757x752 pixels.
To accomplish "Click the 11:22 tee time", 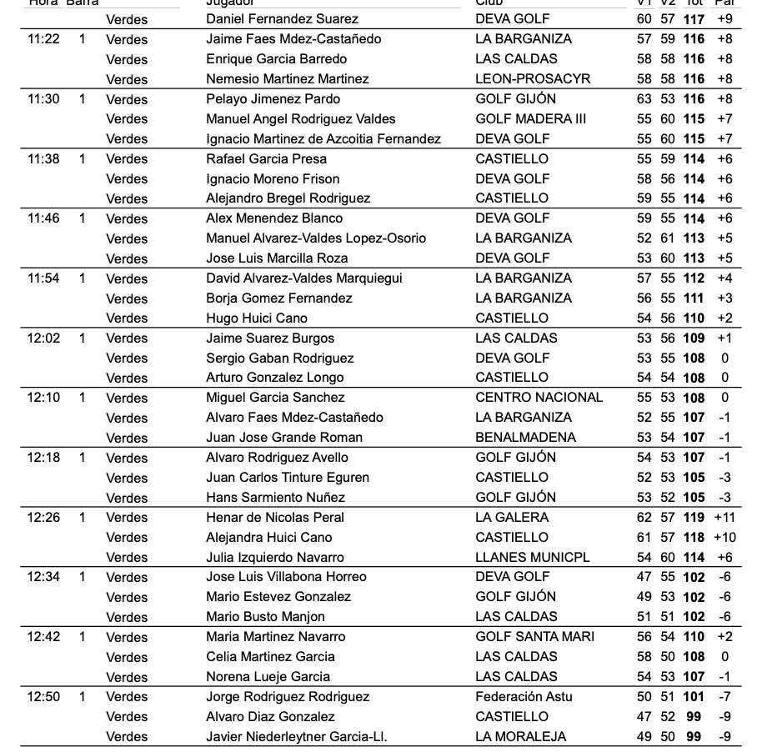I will point(43,39).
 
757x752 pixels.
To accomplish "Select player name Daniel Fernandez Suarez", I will point(282,18).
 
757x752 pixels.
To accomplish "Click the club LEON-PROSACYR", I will point(533,78).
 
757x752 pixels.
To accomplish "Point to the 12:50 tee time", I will point(43,696).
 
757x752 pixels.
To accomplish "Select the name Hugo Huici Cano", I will point(256,318).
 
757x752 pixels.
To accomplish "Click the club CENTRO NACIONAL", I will point(539,397).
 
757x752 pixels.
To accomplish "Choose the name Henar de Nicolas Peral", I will point(274,517).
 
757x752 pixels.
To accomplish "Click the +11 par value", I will point(724,517).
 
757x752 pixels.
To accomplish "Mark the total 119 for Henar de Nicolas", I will point(693,517).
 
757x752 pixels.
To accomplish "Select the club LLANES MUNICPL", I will point(533,557).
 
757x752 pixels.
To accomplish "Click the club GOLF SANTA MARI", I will point(534,636).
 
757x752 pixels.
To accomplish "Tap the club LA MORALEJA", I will point(520,736).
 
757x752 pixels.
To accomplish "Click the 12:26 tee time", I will point(43,517).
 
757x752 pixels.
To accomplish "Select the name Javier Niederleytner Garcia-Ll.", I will point(296,736).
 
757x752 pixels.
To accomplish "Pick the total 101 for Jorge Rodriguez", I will point(693,696).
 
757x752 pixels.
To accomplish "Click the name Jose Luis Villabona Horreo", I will point(286,576).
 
